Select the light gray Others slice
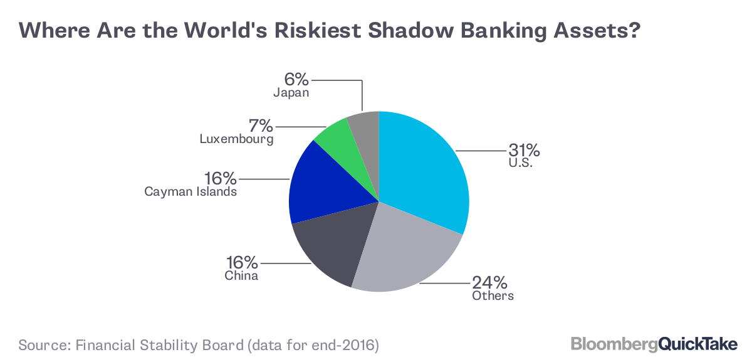point(407,251)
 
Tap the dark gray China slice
point(329,248)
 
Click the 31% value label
point(524,151)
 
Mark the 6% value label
point(296,80)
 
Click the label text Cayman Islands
point(191,192)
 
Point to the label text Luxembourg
point(236,139)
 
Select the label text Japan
point(291,93)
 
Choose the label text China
point(241,276)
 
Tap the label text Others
point(493,295)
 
